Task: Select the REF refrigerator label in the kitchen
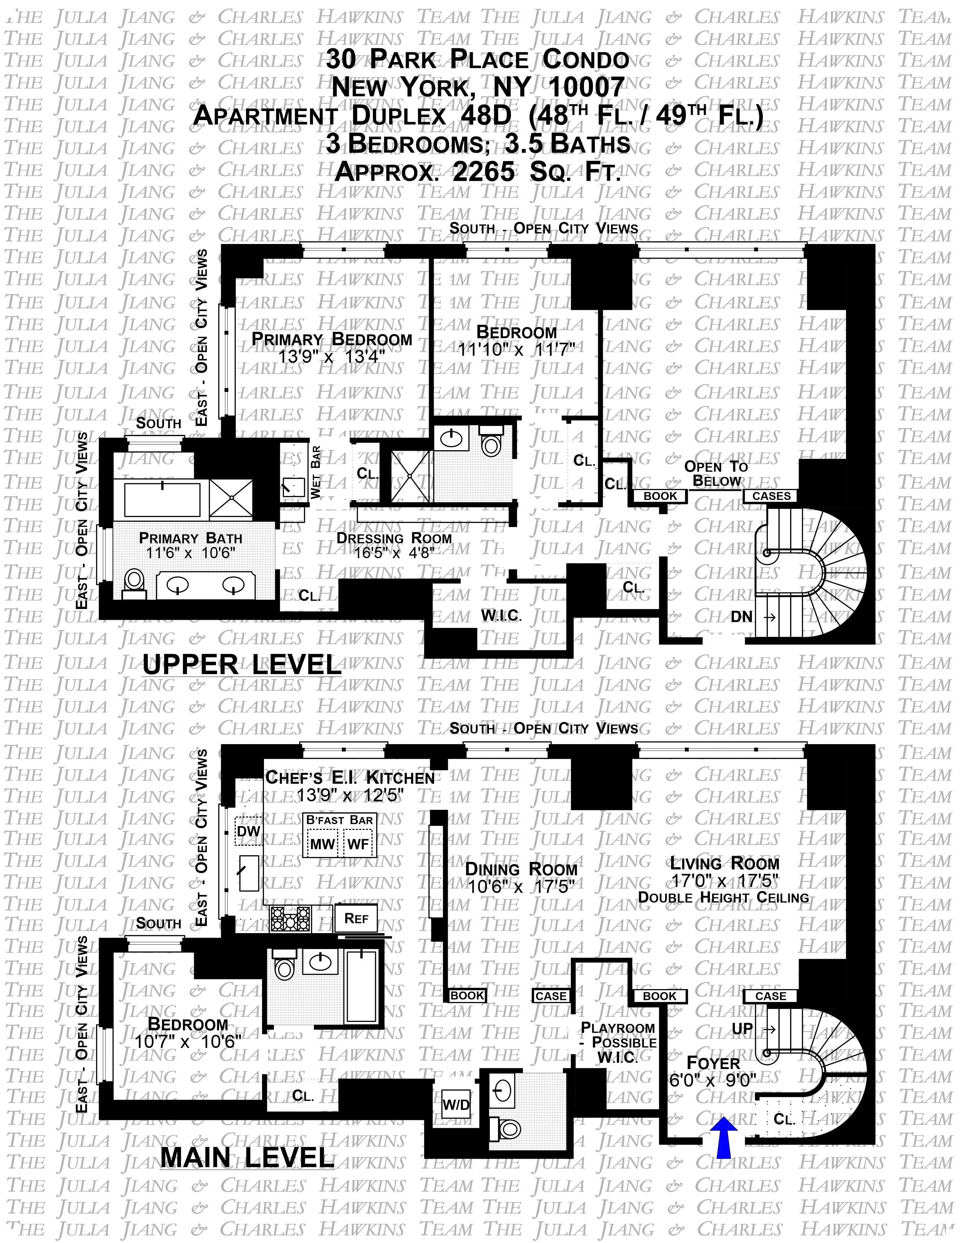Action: coord(357,918)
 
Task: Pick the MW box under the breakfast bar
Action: coord(322,843)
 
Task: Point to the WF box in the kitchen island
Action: coord(358,843)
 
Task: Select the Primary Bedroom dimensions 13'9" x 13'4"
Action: coord(332,356)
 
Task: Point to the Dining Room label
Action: coord(521,869)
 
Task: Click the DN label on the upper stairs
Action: coord(741,616)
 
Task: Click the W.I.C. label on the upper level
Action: coord(501,615)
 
